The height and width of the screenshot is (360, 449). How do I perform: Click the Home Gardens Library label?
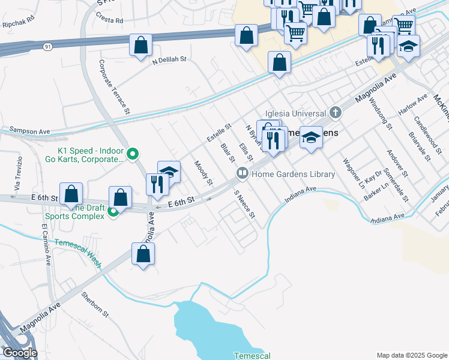[293, 174]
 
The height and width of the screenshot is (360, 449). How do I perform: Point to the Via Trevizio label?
[19, 170]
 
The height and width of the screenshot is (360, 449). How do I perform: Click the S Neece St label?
[245, 205]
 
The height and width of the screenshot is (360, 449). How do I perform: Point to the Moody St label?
[203, 172]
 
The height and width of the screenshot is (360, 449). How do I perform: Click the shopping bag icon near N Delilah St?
[140, 45]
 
